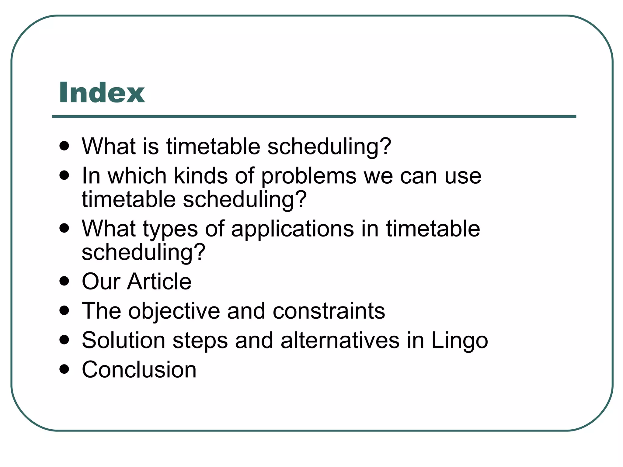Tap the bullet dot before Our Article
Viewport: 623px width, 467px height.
pyautogui.click(x=64, y=281)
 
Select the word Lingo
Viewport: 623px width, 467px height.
pyautogui.click(x=460, y=341)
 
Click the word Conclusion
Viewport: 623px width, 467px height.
pyautogui.click(x=139, y=370)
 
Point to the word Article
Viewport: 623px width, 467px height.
pyautogui.click(x=159, y=281)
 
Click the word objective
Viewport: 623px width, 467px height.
pyautogui.click(x=174, y=311)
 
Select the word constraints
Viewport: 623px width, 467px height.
pyautogui.click(x=329, y=311)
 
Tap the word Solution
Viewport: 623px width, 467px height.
pyautogui.click(x=124, y=340)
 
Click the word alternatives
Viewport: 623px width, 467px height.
pyautogui.click(x=340, y=340)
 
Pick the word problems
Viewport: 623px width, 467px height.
pyautogui.click(x=309, y=176)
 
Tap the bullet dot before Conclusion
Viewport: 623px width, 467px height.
pyautogui.click(x=64, y=369)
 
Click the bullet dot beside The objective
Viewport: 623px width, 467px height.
pyautogui.click(x=64, y=310)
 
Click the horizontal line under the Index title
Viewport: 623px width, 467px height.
pyautogui.click(x=314, y=116)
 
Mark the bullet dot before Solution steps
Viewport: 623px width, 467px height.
pyautogui.click(x=64, y=340)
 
